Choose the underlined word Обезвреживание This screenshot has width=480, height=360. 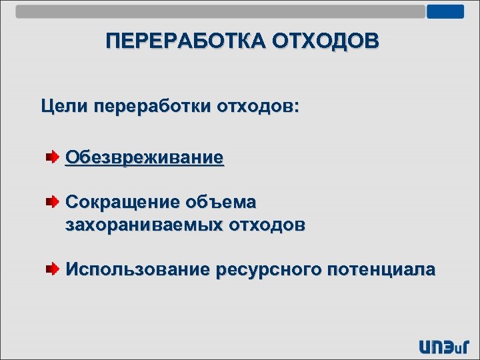[144, 158]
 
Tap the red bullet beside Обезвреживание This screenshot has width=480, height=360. [52, 158]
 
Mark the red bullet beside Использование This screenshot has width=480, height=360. [52, 269]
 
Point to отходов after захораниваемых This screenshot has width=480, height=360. [267, 225]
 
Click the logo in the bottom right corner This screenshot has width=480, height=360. [445, 346]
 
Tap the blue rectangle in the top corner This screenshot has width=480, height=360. [445, 11]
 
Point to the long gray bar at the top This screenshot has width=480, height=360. [220, 11]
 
